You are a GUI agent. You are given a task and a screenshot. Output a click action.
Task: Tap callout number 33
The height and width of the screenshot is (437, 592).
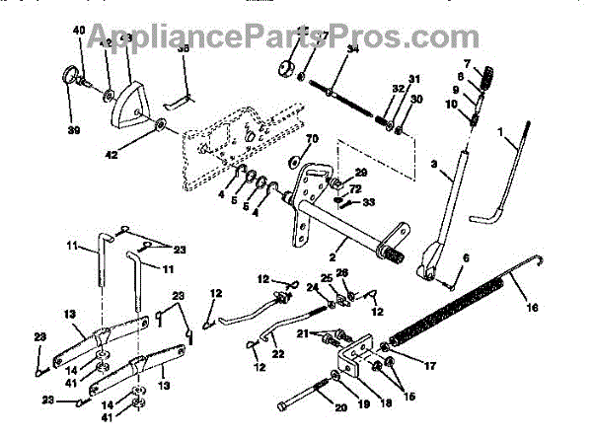tap(369, 203)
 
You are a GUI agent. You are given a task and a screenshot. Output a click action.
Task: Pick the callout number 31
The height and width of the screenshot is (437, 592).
tap(414, 80)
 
